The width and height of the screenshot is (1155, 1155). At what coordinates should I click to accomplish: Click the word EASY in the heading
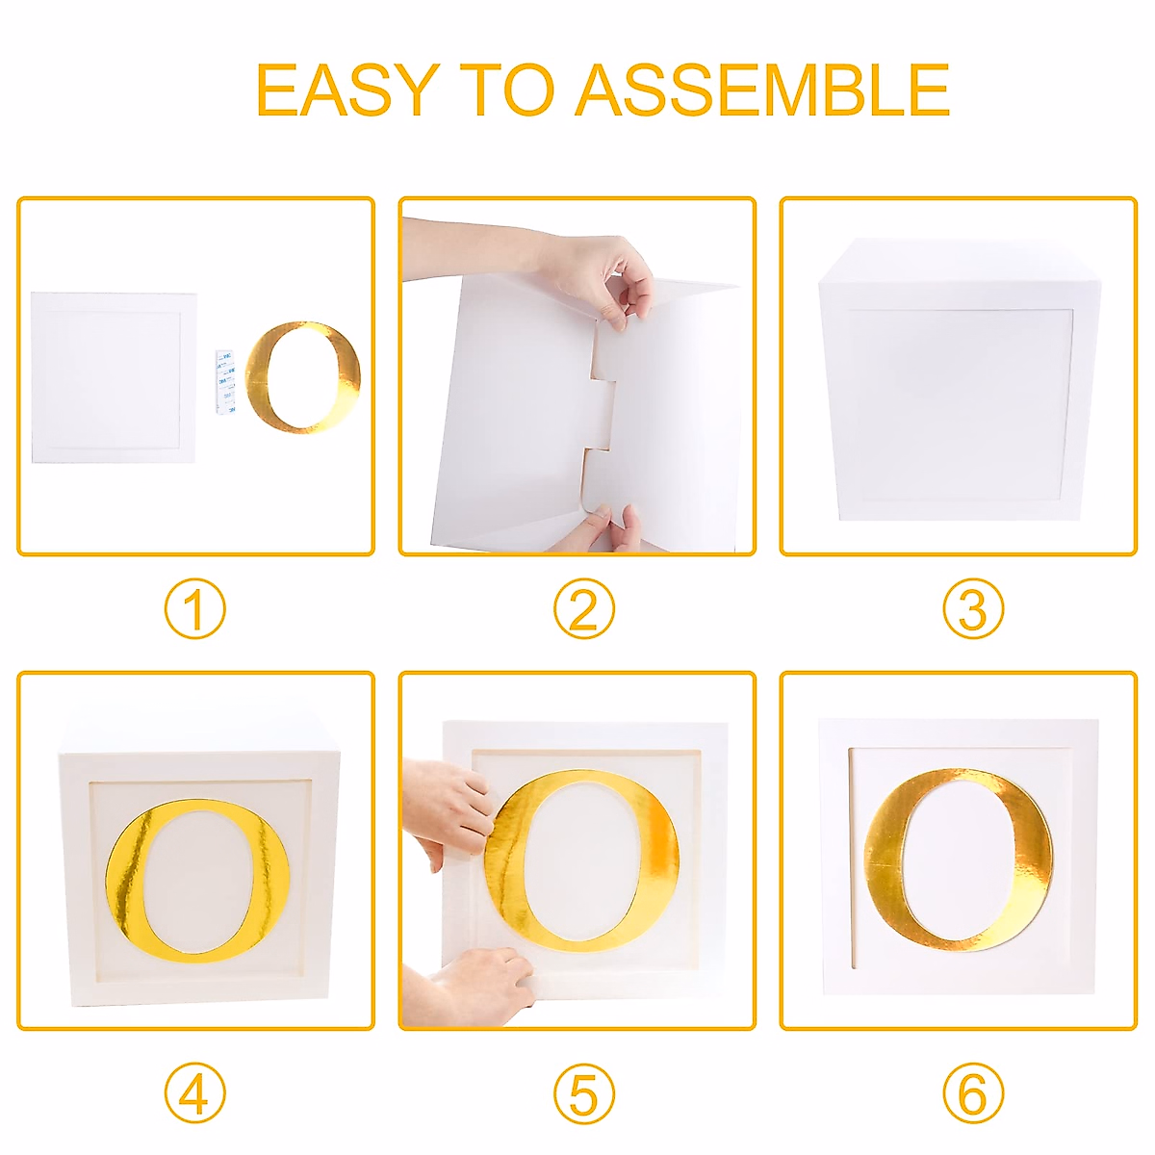[x=346, y=90]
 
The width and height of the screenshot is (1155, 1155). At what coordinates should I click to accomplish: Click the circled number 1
[x=194, y=609]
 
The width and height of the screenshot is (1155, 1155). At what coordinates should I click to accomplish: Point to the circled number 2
[x=583, y=609]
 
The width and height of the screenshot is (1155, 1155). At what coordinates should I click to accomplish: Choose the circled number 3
[x=972, y=609]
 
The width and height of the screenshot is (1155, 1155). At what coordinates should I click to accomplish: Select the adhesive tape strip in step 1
[x=225, y=382]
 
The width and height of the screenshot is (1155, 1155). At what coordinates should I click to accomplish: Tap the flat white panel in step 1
[x=114, y=377]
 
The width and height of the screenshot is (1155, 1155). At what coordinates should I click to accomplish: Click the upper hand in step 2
[x=539, y=264]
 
